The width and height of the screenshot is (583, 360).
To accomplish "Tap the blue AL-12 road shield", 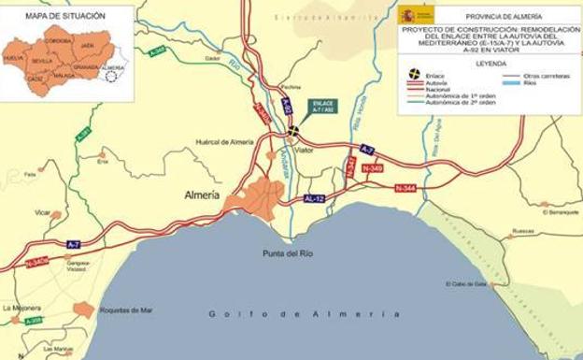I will [x=314, y=199].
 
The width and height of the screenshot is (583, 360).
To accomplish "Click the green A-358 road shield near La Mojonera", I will [x=34, y=321].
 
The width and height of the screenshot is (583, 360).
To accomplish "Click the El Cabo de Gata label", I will [x=467, y=284].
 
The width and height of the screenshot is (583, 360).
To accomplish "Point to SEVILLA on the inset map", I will [x=42, y=60].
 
